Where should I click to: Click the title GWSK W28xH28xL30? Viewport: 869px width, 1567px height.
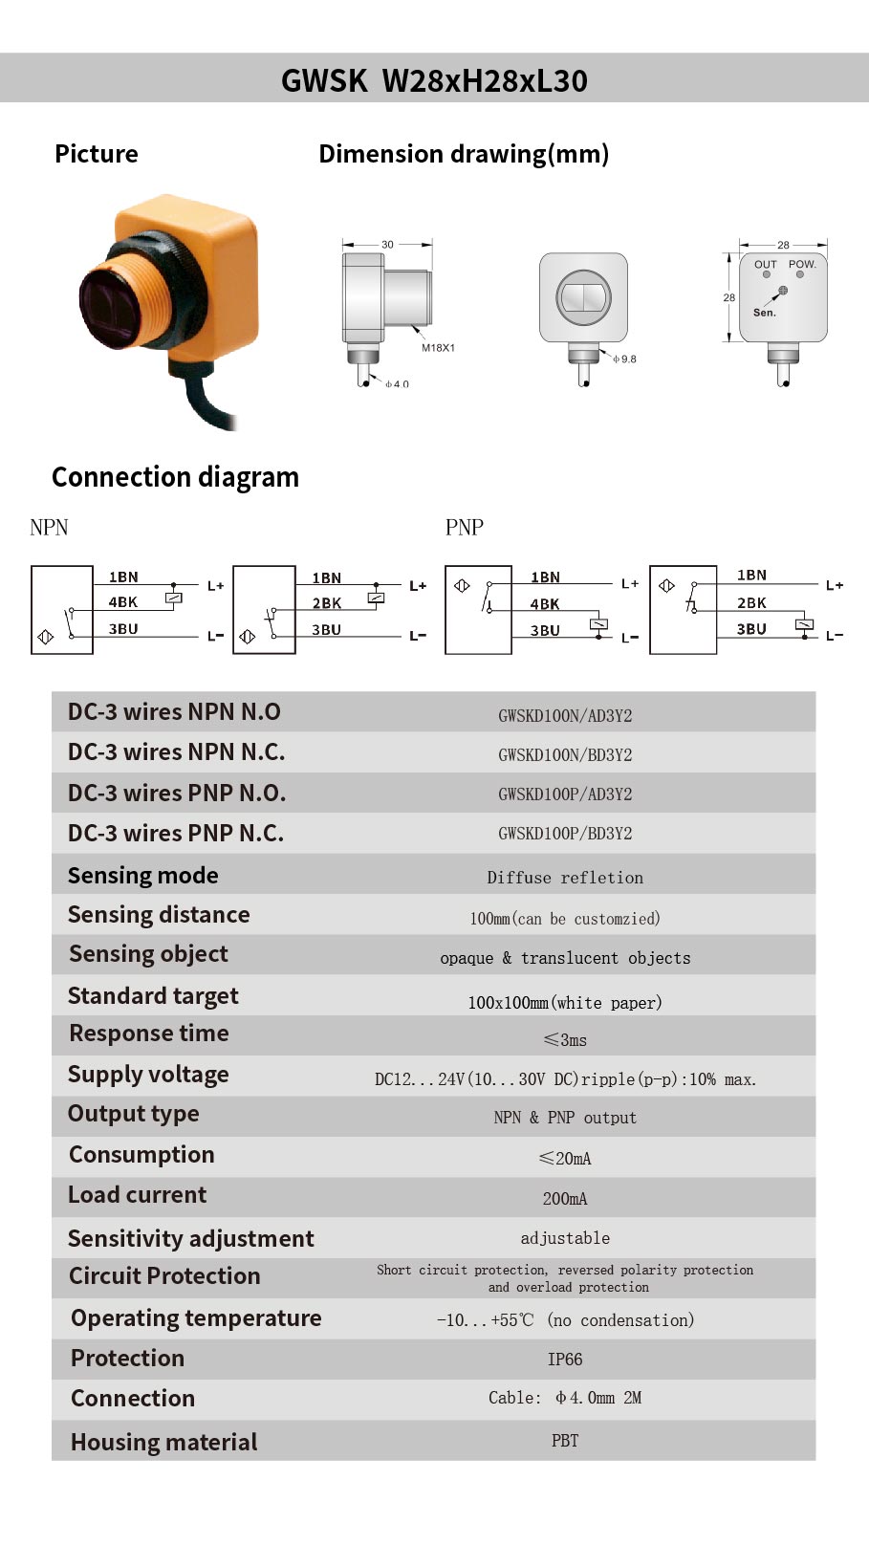point(434,80)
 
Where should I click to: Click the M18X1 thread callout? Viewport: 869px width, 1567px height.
point(438,348)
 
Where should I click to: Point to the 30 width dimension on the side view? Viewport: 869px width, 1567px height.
point(387,244)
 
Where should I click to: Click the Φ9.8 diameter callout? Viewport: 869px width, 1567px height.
point(624,359)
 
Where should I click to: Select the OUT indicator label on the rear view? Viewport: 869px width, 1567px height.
point(766,265)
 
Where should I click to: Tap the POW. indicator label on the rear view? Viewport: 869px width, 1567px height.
point(802,264)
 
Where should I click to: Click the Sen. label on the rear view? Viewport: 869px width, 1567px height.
point(764,313)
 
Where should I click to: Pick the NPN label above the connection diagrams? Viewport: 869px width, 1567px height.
point(49,528)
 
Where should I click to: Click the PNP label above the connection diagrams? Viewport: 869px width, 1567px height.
point(465,528)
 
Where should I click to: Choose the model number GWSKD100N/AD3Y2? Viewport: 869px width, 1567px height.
point(565,716)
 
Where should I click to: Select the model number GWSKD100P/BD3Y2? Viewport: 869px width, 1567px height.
point(565,833)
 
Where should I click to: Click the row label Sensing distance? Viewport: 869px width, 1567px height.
point(159,915)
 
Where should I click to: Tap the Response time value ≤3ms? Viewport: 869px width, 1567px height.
point(565,1040)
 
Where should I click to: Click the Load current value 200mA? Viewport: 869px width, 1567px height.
point(565,1199)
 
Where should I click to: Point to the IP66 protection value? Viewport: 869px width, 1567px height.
point(565,1360)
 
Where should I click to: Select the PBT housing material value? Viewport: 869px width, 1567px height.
point(565,1441)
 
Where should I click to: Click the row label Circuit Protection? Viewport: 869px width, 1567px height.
point(164,1276)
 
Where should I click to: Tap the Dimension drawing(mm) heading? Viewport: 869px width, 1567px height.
point(464,154)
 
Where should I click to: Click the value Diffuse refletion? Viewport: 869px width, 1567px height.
point(565,878)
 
